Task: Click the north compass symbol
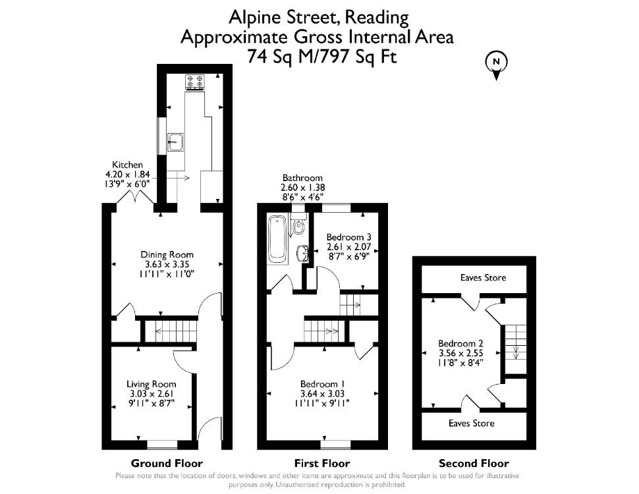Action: (496, 65)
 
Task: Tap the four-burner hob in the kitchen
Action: (195, 82)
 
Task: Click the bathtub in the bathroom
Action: (277, 238)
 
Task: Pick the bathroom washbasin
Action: (303, 254)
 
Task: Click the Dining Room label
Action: (167, 255)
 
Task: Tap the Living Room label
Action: (152, 384)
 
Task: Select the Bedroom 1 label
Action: (322, 384)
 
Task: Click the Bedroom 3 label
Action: (349, 237)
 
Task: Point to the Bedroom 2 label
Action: (460, 343)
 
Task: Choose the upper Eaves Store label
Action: (484, 277)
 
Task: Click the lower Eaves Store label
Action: (472, 423)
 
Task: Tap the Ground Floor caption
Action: (167, 464)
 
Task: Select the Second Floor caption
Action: (474, 464)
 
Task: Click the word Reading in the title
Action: (377, 18)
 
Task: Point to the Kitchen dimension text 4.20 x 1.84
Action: (128, 174)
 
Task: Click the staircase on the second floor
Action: (516, 343)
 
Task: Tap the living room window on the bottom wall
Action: (162, 445)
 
